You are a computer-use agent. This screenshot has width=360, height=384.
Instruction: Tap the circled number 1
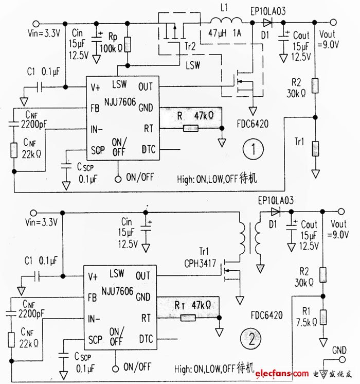coord(252,150)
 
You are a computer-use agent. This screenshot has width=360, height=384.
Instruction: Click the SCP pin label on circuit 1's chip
coord(98,150)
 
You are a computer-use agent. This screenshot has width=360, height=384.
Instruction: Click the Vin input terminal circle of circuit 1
coord(35,23)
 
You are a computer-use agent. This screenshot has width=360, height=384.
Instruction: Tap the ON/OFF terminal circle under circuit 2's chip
coord(117,368)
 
